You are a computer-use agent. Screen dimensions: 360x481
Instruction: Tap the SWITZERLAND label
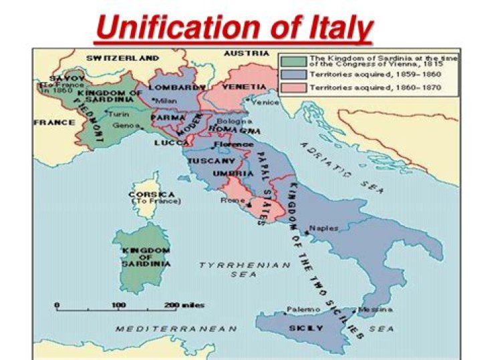click(122, 57)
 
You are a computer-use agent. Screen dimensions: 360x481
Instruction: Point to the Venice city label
click(265, 102)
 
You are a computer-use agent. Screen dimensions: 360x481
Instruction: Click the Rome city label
click(230, 200)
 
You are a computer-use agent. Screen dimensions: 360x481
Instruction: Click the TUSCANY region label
click(210, 161)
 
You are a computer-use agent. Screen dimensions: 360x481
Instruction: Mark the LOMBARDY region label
click(176, 87)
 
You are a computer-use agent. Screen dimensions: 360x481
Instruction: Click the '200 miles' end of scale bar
click(170, 305)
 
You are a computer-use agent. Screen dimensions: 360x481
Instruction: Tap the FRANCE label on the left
click(54, 123)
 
